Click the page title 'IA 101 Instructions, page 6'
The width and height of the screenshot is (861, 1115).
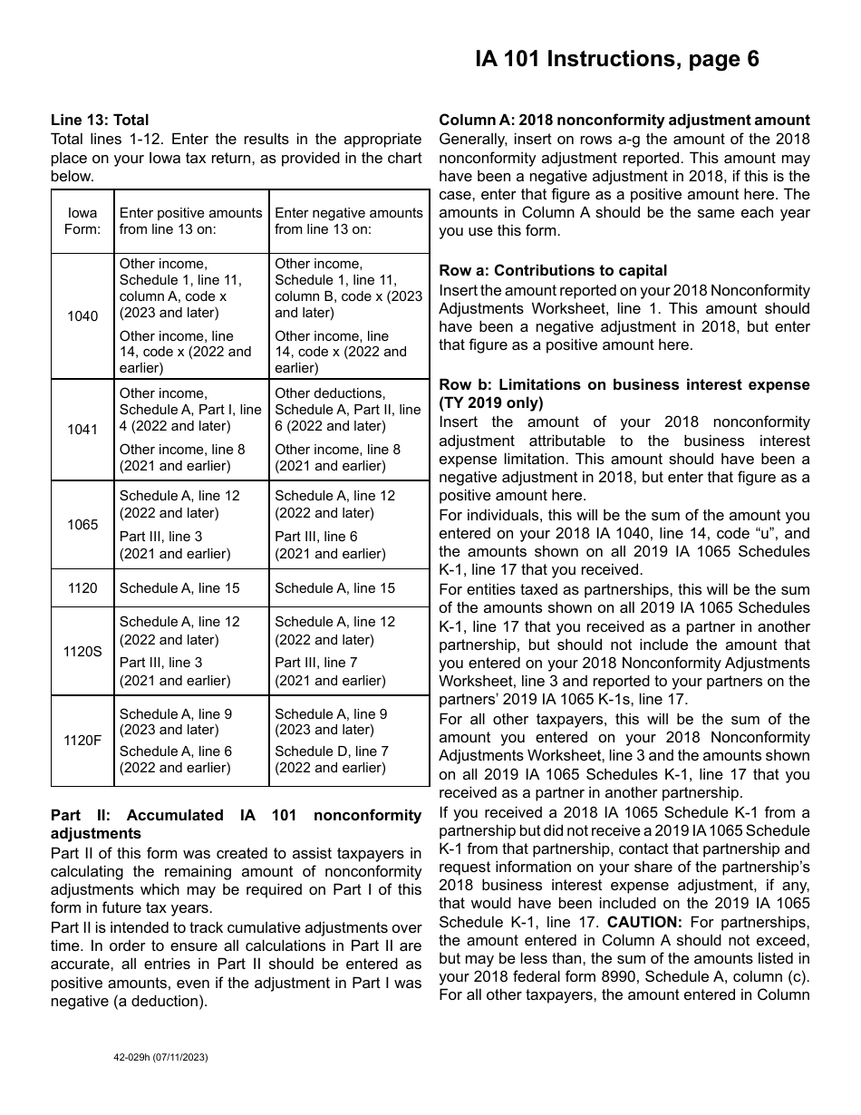[617, 60]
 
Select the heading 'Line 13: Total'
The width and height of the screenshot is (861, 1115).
[100, 120]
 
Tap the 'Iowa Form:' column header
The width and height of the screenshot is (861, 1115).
[82, 221]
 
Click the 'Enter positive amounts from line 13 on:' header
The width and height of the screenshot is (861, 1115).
[190, 221]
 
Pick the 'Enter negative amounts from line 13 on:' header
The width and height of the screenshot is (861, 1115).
[349, 221]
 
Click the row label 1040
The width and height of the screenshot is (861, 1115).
[82, 316]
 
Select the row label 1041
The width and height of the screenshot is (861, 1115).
[82, 430]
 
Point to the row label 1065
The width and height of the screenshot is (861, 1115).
[82, 525]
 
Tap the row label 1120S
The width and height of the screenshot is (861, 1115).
[82, 651]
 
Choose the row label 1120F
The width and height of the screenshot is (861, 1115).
[82, 741]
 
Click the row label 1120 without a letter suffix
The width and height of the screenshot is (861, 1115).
[82, 588]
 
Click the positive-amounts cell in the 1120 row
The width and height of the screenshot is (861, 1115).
[179, 588]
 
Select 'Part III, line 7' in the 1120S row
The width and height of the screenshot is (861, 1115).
[316, 663]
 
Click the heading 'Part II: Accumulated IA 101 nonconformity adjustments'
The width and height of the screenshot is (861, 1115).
[236, 824]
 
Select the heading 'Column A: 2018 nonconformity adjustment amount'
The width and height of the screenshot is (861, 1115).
[624, 120]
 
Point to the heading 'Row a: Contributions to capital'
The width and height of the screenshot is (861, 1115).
[553, 270]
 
